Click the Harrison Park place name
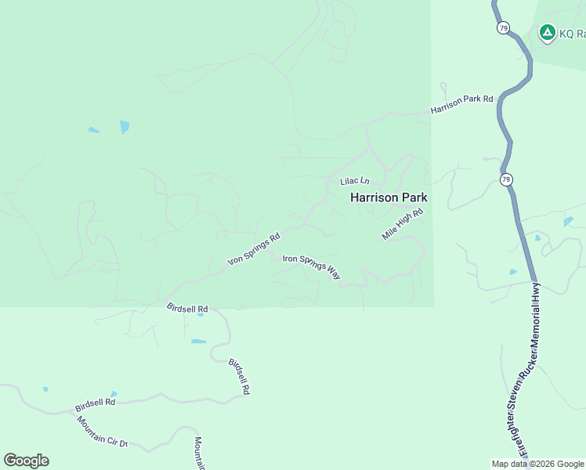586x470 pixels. [389, 197]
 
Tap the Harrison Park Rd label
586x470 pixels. [462, 105]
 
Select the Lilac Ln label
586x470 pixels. [354, 182]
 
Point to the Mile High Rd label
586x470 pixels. [403, 224]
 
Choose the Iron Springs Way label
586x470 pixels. [311, 267]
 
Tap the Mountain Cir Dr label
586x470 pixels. [102, 432]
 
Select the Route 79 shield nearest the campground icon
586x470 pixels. [503, 27]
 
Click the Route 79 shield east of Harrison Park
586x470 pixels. [507, 179]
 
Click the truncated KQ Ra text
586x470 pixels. [572, 34]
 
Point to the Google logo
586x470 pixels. [26, 461]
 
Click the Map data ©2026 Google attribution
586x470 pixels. [537, 464]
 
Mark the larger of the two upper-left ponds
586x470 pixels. [125, 126]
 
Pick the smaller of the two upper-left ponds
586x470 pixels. [94, 130]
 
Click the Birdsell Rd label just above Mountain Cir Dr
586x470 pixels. [95, 405]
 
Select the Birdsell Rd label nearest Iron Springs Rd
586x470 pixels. [187, 309]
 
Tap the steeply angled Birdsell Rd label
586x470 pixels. [239, 376]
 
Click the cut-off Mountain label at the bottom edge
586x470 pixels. [199, 454]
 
